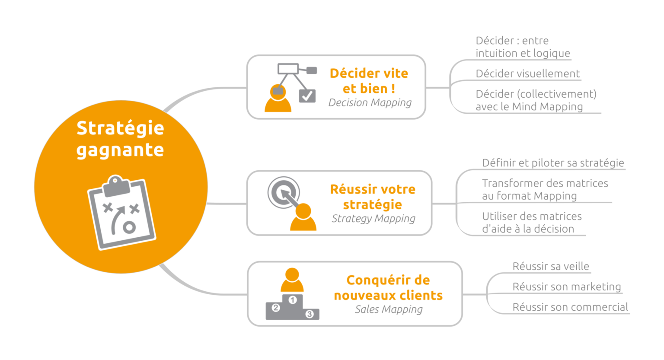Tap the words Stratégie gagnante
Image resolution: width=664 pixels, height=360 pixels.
[x=120, y=139]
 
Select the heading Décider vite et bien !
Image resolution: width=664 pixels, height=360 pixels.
[x=369, y=81]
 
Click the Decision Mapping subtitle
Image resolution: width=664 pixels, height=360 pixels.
[x=370, y=103]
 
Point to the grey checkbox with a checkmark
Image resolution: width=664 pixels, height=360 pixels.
[x=307, y=96]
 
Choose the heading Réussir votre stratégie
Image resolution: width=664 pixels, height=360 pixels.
[x=373, y=197]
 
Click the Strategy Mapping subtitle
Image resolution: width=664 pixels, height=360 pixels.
[x=373, y=219]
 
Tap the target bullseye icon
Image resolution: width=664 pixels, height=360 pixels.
[x=283, y=192]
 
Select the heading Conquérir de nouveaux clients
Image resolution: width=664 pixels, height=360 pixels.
[x=388, y=287]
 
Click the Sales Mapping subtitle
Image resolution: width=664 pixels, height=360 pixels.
[x=389, y=309]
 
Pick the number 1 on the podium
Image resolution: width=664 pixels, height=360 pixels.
[x=293, y=300]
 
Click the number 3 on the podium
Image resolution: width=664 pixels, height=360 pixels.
[x=310, y=314]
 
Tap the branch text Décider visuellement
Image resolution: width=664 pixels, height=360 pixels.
[x=527, y=74]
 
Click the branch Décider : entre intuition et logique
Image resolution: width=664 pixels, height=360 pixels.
[x=523, y=47]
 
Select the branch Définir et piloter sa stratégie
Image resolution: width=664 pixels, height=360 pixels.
[x=553, y=163]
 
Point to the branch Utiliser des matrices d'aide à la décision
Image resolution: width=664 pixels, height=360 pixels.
[x=532, y=223]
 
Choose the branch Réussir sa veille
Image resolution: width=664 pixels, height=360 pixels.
[x=551, y=266]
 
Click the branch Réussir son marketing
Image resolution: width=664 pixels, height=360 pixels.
[x=566, y=287]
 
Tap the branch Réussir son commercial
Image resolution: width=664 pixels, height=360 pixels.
[x=570, y=307]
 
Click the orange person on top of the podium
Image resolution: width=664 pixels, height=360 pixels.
[x=292, y=280]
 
